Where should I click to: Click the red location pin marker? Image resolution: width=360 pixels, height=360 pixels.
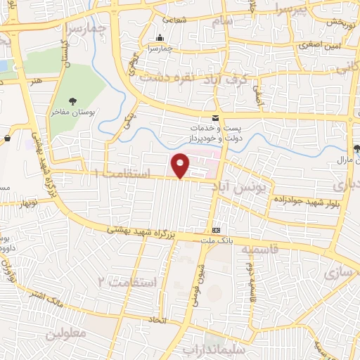point(180,165)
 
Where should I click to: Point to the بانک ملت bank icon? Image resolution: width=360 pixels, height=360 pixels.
point(216,230)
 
